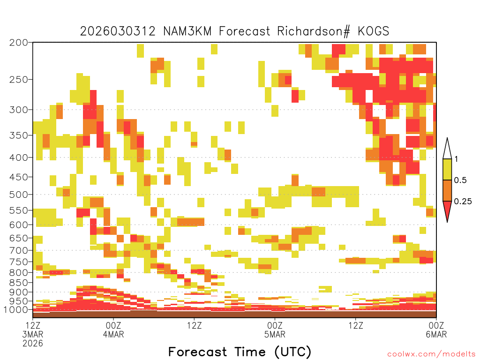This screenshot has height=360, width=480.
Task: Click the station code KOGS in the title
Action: pyautogui.click(x=373, y=31)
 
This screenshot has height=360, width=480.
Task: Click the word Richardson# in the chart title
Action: pyautogui.click(x=314, y=31)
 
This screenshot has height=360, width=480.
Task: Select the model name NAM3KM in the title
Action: pyautogui.click(x=187, y=31)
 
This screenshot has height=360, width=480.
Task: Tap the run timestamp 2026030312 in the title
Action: pyautogui.click(x=118, y=31)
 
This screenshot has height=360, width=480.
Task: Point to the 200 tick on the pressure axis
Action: pyautogui.click(x=19, y=43)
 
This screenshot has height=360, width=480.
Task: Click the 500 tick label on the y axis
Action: pyautogui.click(x=19, y=195)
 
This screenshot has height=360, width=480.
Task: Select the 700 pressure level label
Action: pyautogui.click(x=19, y=250)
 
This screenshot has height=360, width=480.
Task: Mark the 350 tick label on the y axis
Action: pyautogui.click(x=19, y=135)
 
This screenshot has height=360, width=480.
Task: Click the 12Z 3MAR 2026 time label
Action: pyautogui.click(x=33, y=334)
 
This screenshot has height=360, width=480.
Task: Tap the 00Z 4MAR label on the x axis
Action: pyautogui.click(x=113, y=330)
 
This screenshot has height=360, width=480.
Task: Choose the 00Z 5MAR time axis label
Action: pyautogui.click(x=275, y=330)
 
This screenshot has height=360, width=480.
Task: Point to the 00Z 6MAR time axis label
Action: pyautogui.click(x=436, y=330)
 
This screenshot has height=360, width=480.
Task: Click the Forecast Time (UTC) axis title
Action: pyautogui.click(x=240, y=352)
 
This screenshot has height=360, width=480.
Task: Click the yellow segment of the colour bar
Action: pyautogui.click(x=447, y=169)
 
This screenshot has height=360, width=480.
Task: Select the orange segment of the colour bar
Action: pyautogui.click(x=447, y=190)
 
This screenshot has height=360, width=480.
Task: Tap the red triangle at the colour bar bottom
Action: pyautogui.click(x=447, y=210)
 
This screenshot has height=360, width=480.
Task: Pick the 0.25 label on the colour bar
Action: pyautogui.click(x=463, y=202)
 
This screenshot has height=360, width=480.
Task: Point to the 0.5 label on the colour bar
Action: pyautogui.click(x=460, y=180)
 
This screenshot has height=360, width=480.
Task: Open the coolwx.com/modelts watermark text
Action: pyautogui.click(x=431, y=354)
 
